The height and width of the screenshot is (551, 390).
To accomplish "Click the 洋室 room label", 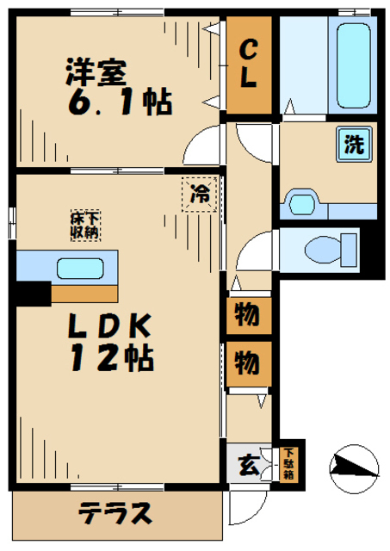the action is click(96, 72).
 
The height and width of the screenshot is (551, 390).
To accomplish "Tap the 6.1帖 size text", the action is click(120, 102).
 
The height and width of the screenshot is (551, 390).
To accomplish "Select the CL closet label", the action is click(249, 64).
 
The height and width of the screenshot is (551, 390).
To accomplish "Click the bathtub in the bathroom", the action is click(353, 65).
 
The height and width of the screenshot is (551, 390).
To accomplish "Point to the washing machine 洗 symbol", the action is click(354, 144).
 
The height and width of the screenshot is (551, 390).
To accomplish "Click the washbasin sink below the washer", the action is click(302, 203).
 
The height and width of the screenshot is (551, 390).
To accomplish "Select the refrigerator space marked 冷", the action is click(199, 195).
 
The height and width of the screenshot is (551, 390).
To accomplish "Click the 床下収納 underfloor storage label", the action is click(86, 226).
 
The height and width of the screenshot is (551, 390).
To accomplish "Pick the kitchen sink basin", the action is click(80, 269).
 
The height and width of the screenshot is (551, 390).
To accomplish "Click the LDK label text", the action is click(109, 325).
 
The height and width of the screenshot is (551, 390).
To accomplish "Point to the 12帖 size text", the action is click(113, 357).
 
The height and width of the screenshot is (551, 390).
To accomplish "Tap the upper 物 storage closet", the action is click(249, 316).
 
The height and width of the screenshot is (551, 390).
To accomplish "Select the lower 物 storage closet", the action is click(249, 363).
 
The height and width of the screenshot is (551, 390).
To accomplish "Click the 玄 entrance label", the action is click(249, 466).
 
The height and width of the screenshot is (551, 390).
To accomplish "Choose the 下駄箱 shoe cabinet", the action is click(288, 464).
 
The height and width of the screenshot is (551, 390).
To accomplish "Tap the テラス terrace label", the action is click(115, 513).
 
